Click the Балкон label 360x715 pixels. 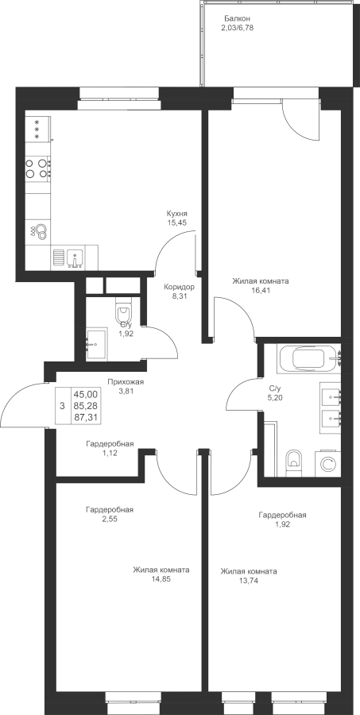238,19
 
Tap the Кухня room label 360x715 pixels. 177,214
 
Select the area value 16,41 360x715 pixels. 261,290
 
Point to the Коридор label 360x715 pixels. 180,288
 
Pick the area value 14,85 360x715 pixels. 161,580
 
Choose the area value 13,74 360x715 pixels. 248,581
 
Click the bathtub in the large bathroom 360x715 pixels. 309,358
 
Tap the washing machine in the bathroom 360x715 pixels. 327,464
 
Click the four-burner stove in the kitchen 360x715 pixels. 38,168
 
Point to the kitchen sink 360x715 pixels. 75,257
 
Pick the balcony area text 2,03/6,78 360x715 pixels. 238,27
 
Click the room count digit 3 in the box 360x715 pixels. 62,406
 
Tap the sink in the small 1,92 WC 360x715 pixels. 96,343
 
